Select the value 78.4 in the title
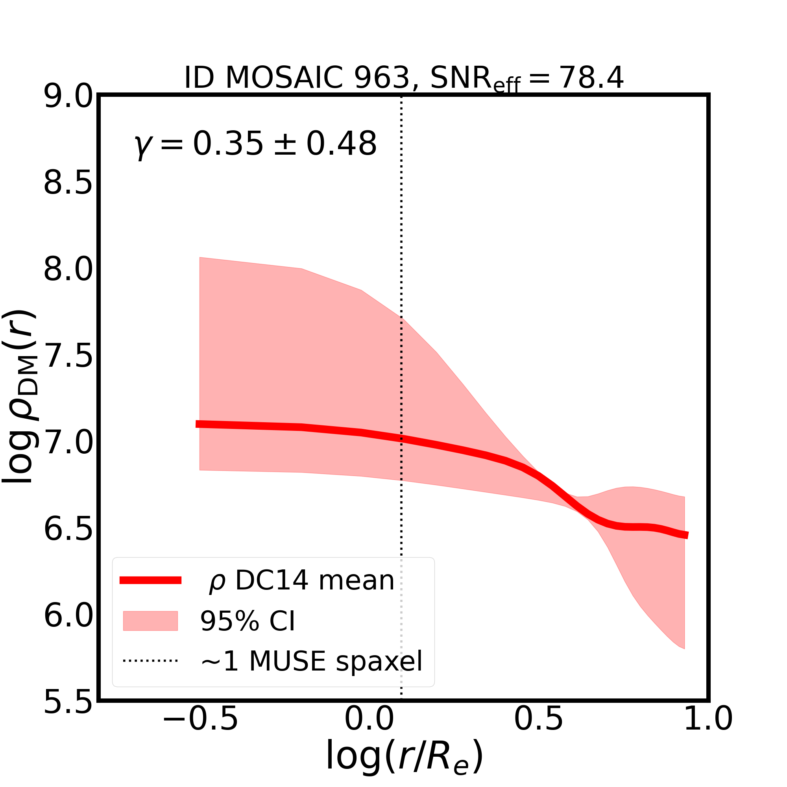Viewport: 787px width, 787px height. tap(591, 78)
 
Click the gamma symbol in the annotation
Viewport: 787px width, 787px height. tap(141, 146)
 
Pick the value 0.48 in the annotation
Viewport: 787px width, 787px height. tap(341, 144)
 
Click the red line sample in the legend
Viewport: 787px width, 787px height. tap(150, 580)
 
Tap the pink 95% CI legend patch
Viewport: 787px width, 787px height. tap(150, 621)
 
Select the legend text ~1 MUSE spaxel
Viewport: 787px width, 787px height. tap(312, 661)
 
